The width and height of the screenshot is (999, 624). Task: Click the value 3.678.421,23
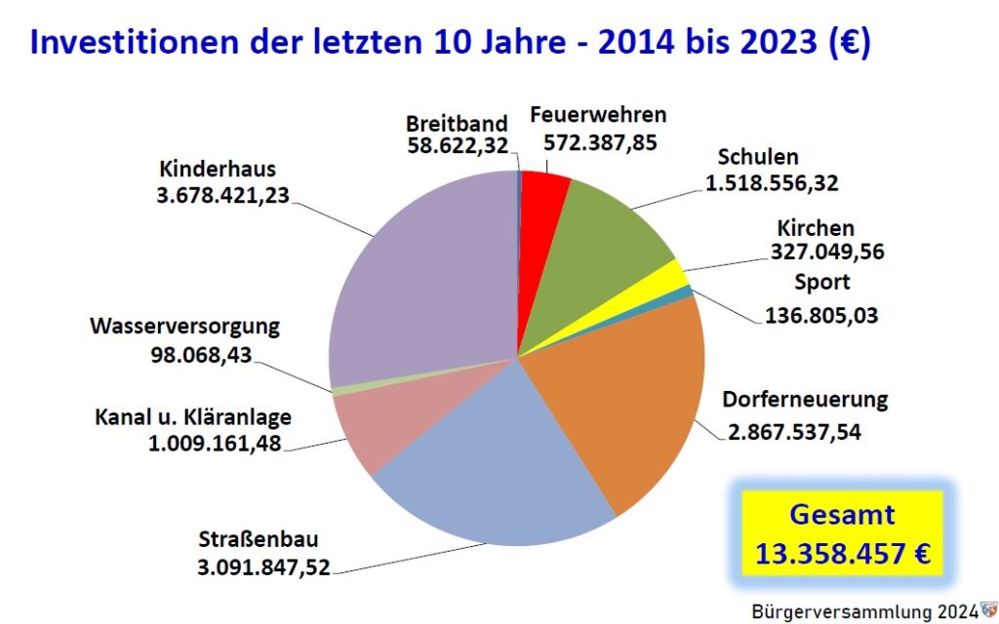coord(222,193)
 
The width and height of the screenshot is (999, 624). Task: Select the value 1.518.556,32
coord(771,181)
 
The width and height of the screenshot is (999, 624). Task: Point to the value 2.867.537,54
coord(794,430)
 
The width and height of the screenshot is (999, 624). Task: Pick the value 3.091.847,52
coord(264,565)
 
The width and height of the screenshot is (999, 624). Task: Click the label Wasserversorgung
coord(184,325)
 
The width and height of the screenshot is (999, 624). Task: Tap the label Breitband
coord(458,123)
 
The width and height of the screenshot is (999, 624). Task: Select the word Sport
coord(820,283)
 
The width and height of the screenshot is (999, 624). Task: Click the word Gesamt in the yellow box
coord(842,516)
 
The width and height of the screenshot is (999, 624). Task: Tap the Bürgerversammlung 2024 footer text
coord(864,611)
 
